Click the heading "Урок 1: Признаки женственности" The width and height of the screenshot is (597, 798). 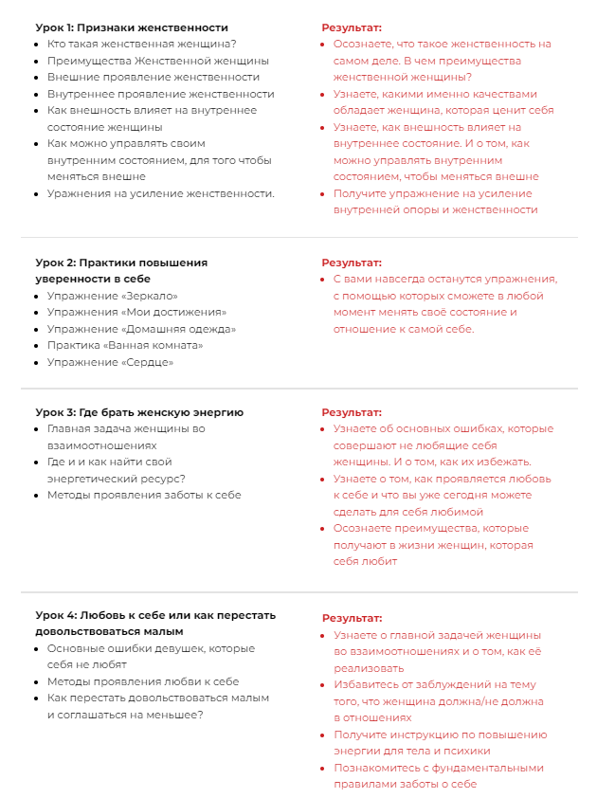132,27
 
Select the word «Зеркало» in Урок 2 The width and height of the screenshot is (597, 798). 151,296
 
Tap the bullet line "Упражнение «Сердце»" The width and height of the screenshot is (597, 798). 110,362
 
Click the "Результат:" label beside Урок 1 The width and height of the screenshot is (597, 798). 352,27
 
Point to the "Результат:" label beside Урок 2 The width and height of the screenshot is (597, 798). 352,263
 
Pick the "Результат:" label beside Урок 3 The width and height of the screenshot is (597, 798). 352,412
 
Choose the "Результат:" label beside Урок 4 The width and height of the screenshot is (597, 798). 352,617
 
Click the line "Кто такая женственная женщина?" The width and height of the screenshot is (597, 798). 141,44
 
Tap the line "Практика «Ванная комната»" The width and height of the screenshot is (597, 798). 125,345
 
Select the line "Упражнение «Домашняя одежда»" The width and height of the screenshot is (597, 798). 141,329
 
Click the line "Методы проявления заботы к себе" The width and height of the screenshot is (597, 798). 144,495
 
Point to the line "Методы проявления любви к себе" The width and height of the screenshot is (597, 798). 143,681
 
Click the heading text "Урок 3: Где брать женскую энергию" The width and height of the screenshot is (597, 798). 139,412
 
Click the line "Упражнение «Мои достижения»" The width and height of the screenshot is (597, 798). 136,312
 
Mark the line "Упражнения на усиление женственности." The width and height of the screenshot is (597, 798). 161,193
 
